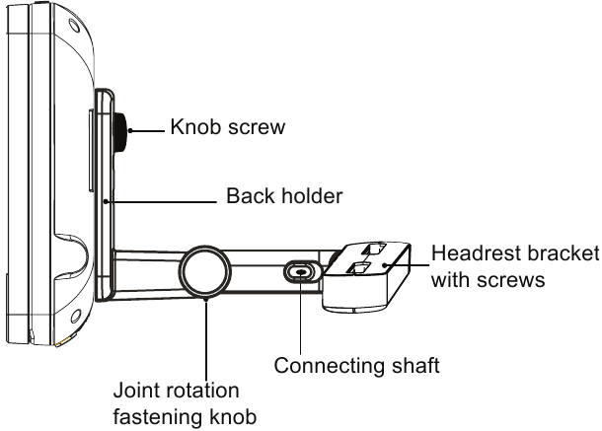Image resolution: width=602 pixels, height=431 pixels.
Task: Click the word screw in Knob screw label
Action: [257, 128]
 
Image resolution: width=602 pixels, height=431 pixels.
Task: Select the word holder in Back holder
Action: [312, 195]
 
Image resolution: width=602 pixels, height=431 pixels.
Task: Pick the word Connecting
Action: [329, 366]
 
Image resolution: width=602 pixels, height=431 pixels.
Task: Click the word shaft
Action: [415, 365]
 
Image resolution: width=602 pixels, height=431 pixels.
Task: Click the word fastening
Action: [158, 417]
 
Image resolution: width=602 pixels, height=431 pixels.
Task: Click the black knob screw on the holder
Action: [121, 132]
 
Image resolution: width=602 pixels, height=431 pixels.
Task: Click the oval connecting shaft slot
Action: [301, 272]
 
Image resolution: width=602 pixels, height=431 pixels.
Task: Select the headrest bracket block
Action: [367, 276]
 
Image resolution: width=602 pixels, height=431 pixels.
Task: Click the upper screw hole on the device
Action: [74, 26]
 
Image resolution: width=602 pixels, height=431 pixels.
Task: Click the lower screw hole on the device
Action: [76, 317]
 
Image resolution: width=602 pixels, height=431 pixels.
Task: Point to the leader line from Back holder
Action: [161, 201]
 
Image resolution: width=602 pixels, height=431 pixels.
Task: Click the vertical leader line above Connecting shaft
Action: [301, 313]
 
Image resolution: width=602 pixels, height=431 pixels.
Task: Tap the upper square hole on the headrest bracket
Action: [374, 250]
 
